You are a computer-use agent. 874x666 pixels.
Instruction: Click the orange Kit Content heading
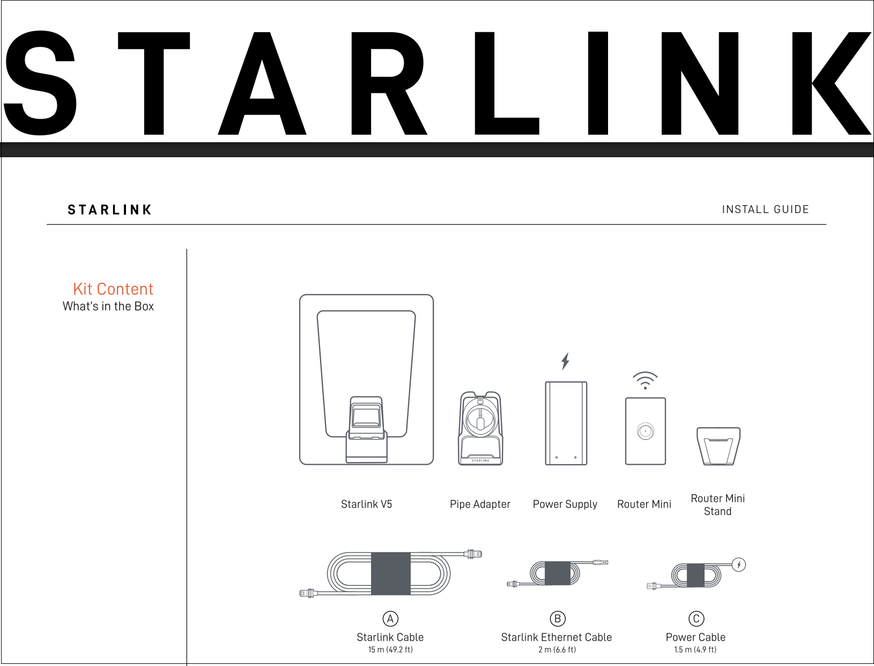click(113, 289)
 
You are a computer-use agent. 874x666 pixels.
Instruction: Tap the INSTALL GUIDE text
click(765, 209)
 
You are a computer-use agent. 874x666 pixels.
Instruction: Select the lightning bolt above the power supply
click(565, 361)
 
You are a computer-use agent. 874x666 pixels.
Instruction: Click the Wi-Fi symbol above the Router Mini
click(645, 380)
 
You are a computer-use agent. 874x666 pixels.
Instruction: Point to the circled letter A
click(390, 619)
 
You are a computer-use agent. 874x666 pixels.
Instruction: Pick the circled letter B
click(558, 619)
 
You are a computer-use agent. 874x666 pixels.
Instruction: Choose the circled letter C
click(696, 619)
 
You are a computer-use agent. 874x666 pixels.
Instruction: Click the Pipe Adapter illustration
click(480, 428)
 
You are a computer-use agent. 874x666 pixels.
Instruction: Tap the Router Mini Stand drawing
click(719, 446)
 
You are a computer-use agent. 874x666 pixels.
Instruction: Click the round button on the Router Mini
click(645, 431)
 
